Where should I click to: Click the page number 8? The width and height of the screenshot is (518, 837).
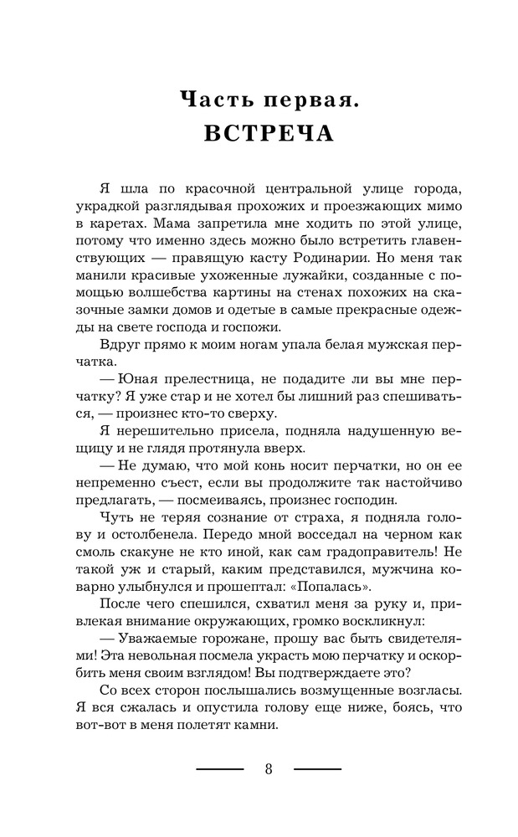pyautogui.click(x=269, y=769)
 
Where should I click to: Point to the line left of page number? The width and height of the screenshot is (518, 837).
pyautogui.click(x=219, y=768)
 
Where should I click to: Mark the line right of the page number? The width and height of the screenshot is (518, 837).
pyautogui.click(x=318, y=768)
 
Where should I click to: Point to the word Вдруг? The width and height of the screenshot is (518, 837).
pyautogui.click(x=118, y=340)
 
